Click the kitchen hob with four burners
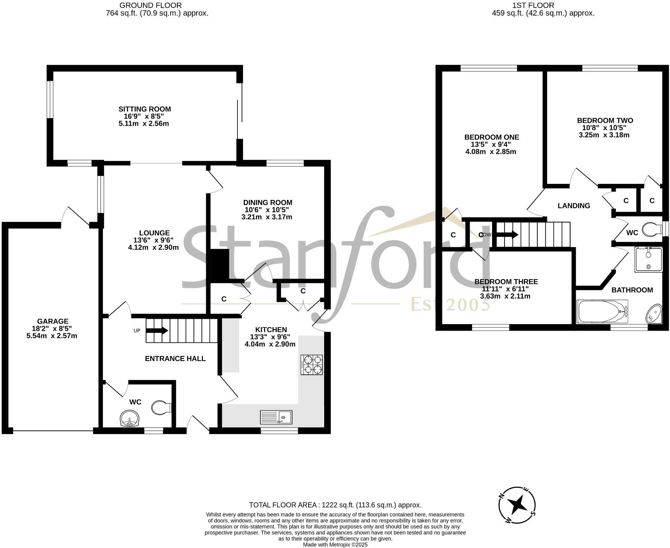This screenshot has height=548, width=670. tap(312, 365)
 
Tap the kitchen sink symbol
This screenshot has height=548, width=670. tap(276, 417)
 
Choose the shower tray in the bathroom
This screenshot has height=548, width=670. tap(648, 259)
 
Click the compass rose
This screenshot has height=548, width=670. tap(518, 505)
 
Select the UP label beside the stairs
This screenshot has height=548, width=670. tap(137, 331)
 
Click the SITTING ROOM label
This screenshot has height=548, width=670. tap(145, 109)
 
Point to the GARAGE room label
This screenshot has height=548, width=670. tap(53, 321)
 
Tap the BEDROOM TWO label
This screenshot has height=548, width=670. tap(605, 120)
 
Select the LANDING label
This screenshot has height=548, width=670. tap(574, 206)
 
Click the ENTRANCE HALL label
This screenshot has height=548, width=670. tap(175, 358)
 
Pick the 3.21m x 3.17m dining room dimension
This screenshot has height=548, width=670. tap(267, 217)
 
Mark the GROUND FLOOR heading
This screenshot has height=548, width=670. tap(150, 5)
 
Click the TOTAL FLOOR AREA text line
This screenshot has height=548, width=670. tap(335, 505)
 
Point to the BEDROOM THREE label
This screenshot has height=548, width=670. tap(506, 282)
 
